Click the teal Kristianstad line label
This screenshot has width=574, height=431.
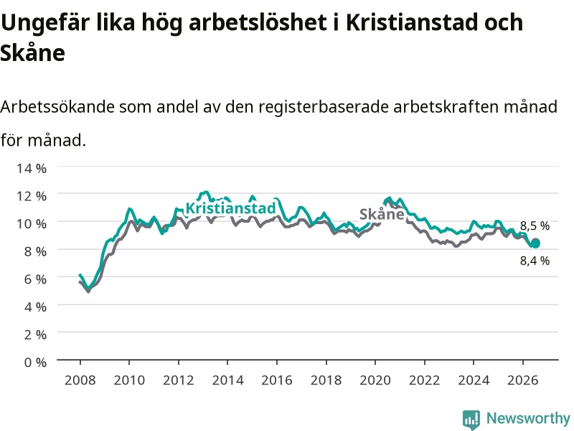(x=230, y=208)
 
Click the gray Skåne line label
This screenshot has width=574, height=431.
(x=382, y=214)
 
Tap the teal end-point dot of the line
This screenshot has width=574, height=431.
(x=535, y=243)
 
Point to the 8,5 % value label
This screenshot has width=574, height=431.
(x=535, y=226)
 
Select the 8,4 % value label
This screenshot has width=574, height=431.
(x=535, y=261)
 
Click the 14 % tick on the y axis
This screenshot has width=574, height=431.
(x=32, y=168)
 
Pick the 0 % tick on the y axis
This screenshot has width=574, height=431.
(x=35, y=362)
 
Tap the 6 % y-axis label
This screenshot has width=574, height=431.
(x=35, y=279)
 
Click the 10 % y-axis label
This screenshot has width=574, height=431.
(x=32, y=223)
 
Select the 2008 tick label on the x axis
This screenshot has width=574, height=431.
(x=80, y=380)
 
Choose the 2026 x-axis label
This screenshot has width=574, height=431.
(x=523, y=380)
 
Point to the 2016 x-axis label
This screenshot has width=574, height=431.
(x=277, y=380)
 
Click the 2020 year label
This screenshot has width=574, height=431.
(x=375, y=380)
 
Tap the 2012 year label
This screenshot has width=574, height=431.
(x=178, y=380)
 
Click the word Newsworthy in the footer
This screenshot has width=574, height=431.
(x=528, y=418)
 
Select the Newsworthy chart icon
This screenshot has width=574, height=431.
(x=471, y=420)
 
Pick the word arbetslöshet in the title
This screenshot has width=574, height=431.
(x=258, y=22)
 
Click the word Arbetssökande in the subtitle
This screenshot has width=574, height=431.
(x=57, y=107)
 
